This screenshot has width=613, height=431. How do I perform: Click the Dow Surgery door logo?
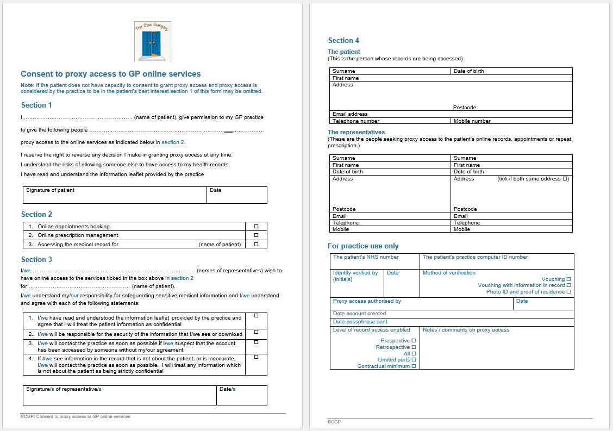tap(153, 41)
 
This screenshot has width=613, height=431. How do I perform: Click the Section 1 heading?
tap(37, 105)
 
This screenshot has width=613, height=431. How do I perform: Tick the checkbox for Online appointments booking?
tap(257, 226)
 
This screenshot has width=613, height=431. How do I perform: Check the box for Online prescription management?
tap(257, 235)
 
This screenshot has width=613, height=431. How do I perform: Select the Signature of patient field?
tap(115, 196)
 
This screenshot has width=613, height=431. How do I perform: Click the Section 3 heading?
tap(37, 259)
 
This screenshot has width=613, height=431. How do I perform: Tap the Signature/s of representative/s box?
tap(120, 396)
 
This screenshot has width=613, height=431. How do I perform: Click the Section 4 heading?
tap(343, 40)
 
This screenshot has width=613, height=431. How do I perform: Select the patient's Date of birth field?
tap(511, 71)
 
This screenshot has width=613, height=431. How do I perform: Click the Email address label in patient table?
tap(351, 114)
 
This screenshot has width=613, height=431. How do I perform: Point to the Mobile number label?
tap(472, 121)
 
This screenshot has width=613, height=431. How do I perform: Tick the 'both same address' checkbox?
tap(565, 179)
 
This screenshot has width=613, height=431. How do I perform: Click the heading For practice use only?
tap(363, 246)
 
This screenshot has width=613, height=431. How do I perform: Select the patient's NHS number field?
tap(375, 261)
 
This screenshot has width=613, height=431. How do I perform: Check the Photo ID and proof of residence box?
tap(568, 292)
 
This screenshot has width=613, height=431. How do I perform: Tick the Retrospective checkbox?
tap(414, 347)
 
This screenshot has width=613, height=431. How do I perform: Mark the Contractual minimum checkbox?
tap(414, 366)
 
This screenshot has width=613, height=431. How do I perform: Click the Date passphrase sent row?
tap(451, 322)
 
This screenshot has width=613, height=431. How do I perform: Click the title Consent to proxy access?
tap(111, 74)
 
